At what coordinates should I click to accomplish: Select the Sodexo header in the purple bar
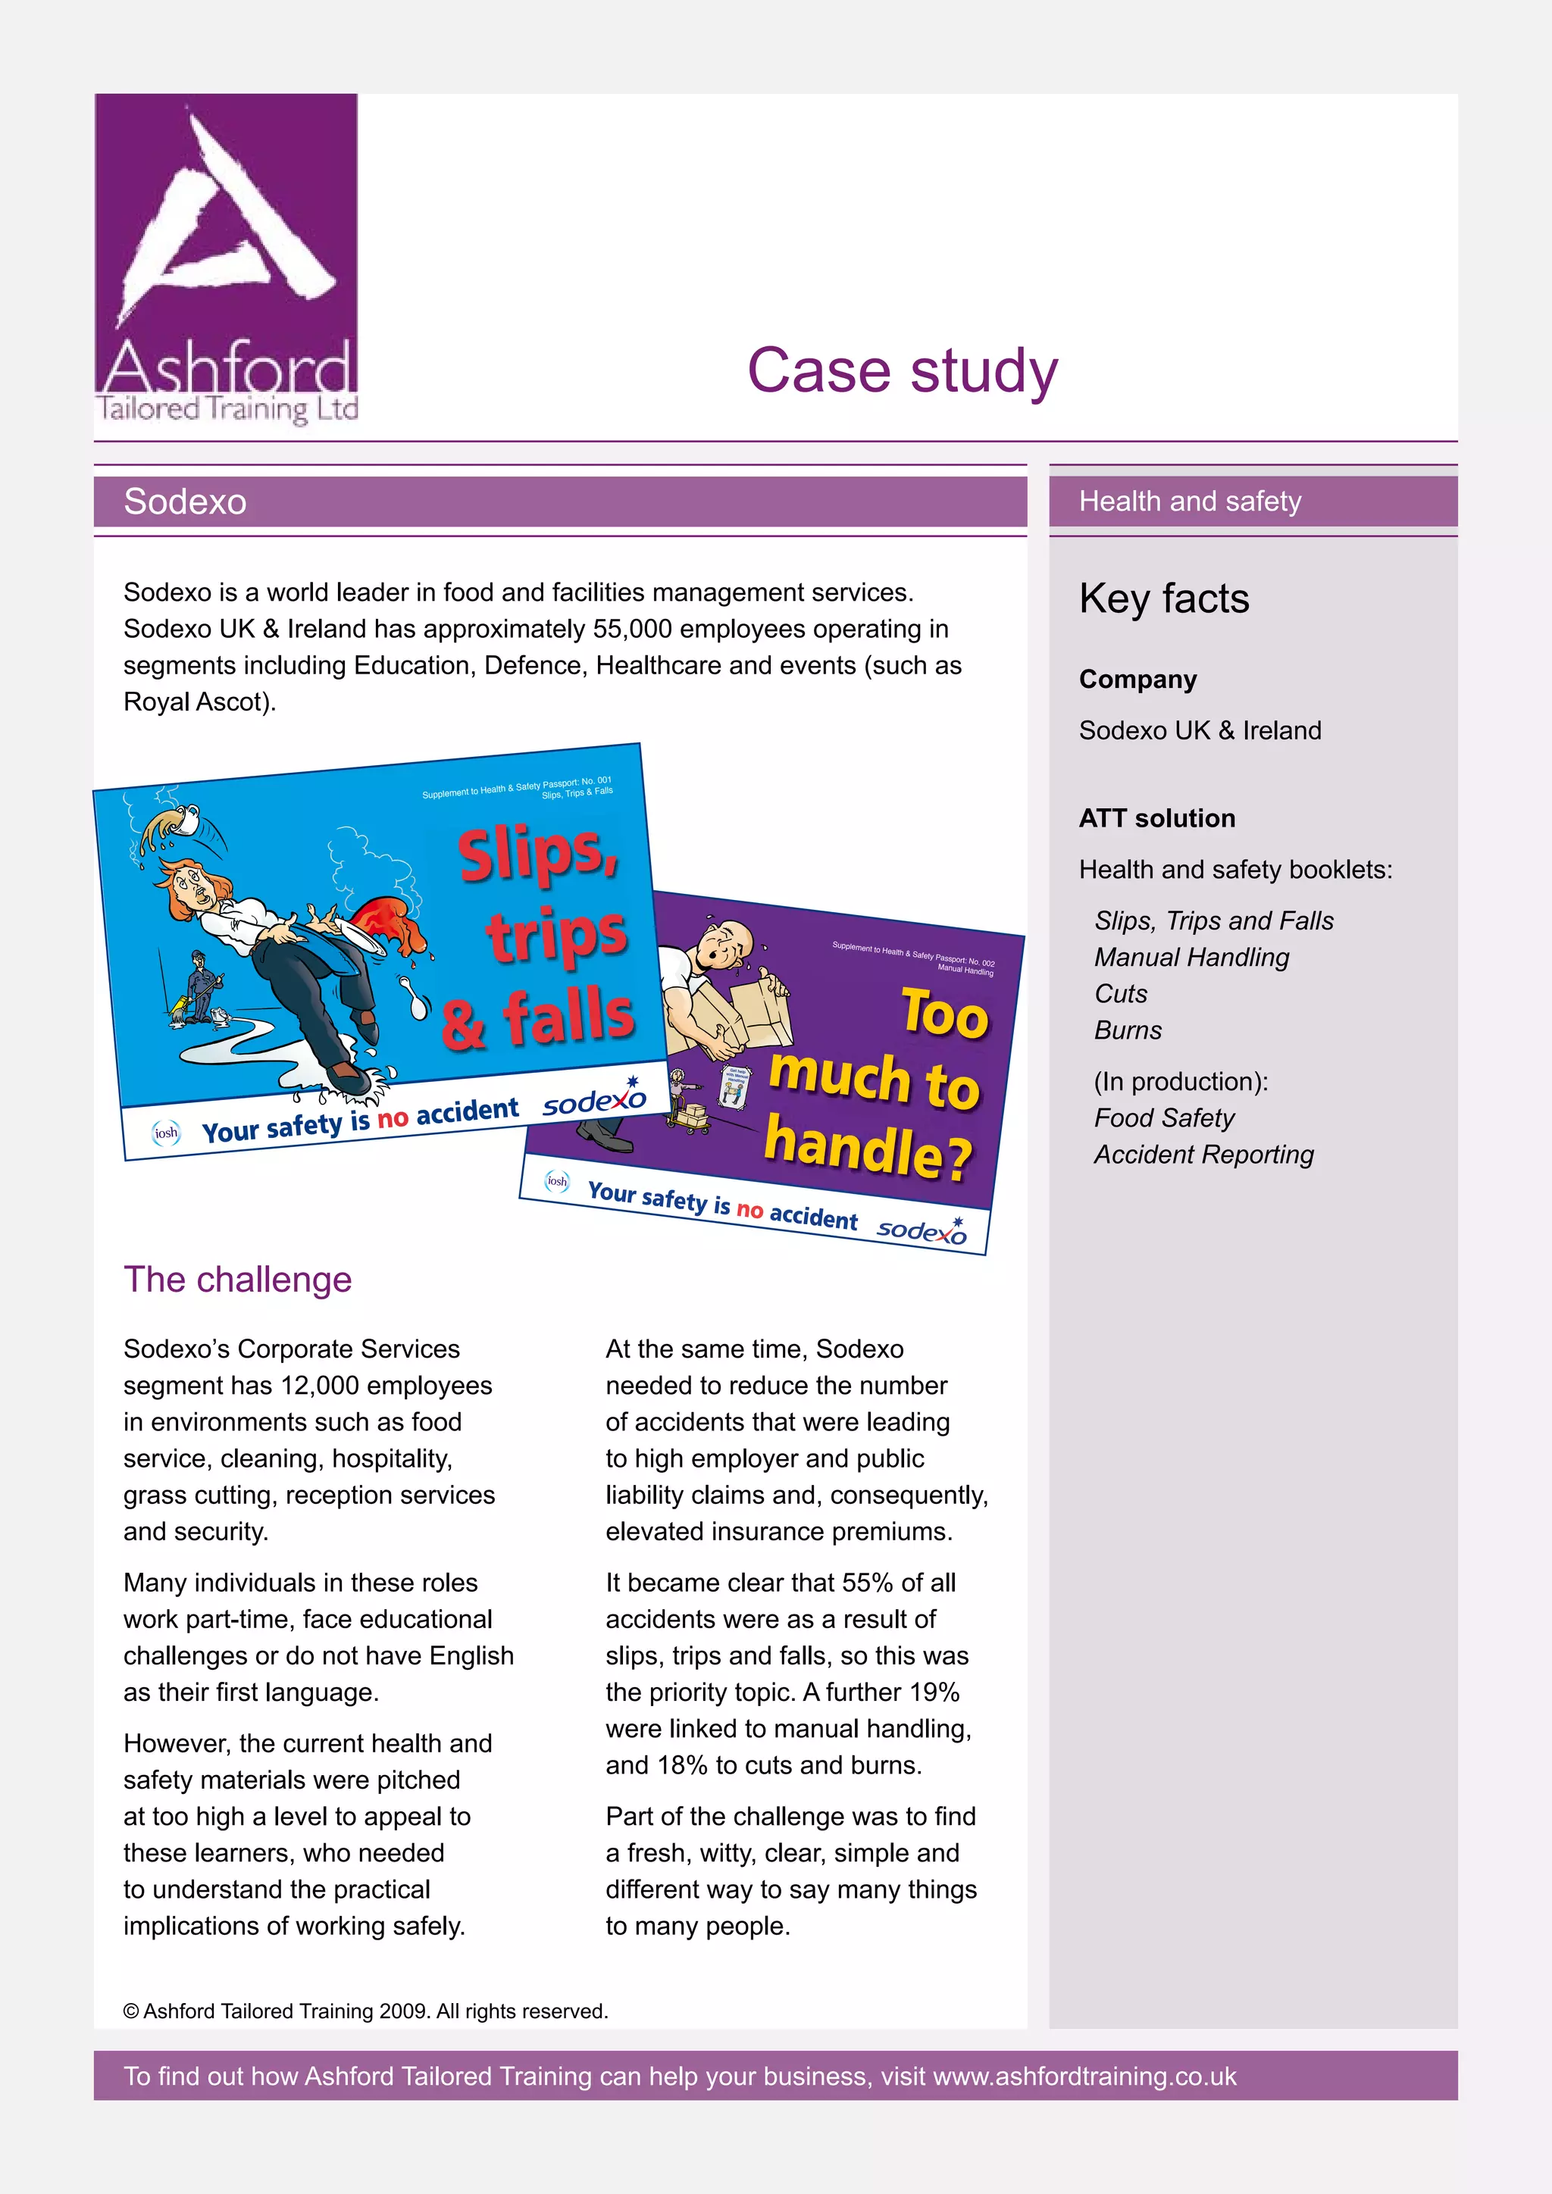[186, 502]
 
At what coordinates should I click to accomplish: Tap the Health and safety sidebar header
[1190, 502]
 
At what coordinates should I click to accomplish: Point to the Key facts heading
[1163, 599]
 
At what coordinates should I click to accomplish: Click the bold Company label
[1137, 680]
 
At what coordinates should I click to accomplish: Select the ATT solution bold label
[1156, 818]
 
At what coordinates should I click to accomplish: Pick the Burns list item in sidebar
[1128, 1030]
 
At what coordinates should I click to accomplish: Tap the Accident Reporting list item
[1203, 1155]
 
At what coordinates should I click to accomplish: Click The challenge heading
[237, 1280]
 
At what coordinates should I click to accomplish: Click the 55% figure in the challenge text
[868, 1583]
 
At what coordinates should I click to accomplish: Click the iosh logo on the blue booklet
[166, 1133]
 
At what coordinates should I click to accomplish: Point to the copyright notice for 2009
[365, 2011]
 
